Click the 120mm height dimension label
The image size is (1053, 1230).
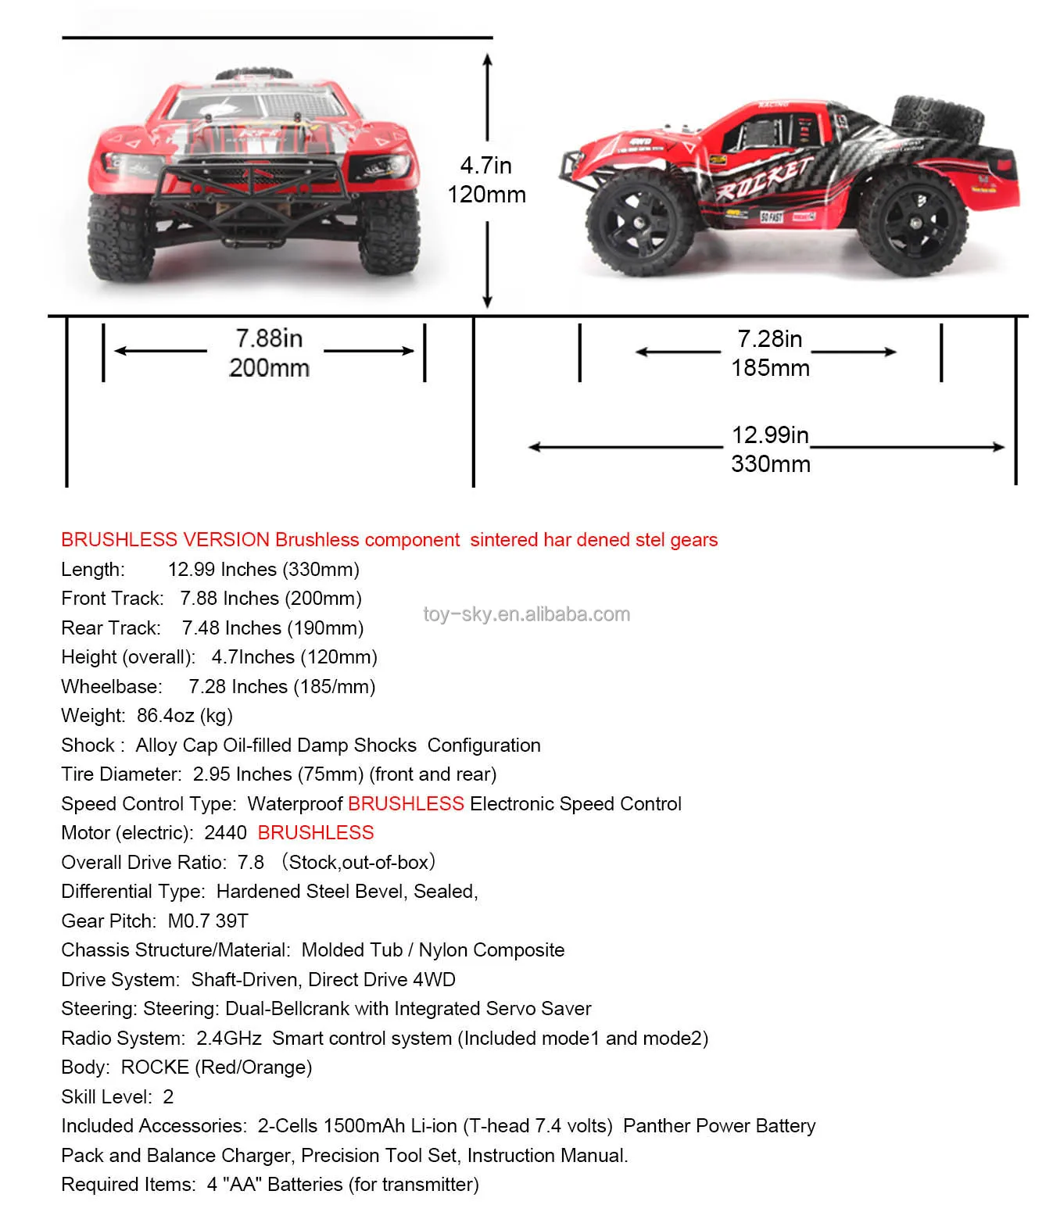(x=486, y=195)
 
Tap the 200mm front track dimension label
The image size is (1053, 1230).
(x=269, y=368)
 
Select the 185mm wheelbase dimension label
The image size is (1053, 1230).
(x=770, y=368)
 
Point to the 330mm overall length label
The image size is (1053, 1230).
(x=770, y=464)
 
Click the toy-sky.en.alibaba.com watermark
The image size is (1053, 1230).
(x=526, y=614)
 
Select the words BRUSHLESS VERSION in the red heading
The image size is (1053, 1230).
(x=165, y=540)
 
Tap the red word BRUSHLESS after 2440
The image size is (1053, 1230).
(x=316, y=833)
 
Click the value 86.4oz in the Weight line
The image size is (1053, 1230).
(x=165, y=716)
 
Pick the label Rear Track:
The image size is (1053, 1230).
(x=111, y=628)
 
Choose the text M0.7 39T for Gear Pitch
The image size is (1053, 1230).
(x=208, y=921)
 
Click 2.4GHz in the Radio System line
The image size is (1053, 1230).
(x=229, y=1039)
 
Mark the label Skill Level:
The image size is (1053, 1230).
(x=106, y=1097)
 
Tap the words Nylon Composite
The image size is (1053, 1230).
(x=491, y=950)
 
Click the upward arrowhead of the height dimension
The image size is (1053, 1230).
(x=487, y=59)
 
